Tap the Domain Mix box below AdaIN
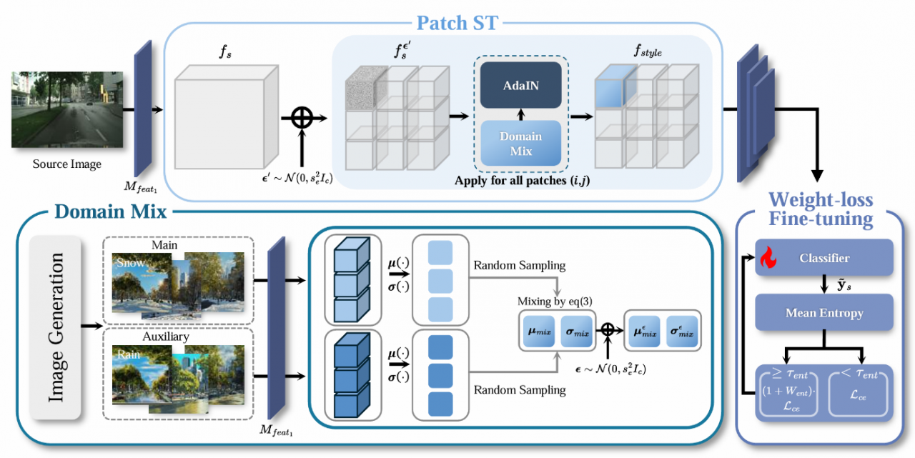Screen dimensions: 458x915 point(520,143)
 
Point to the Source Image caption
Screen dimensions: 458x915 point(67,164)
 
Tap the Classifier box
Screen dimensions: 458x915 point(824,259)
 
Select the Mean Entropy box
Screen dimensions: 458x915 point(824,312)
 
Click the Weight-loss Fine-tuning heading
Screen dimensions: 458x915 point(820,209)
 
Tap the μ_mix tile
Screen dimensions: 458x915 point(538,333)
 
